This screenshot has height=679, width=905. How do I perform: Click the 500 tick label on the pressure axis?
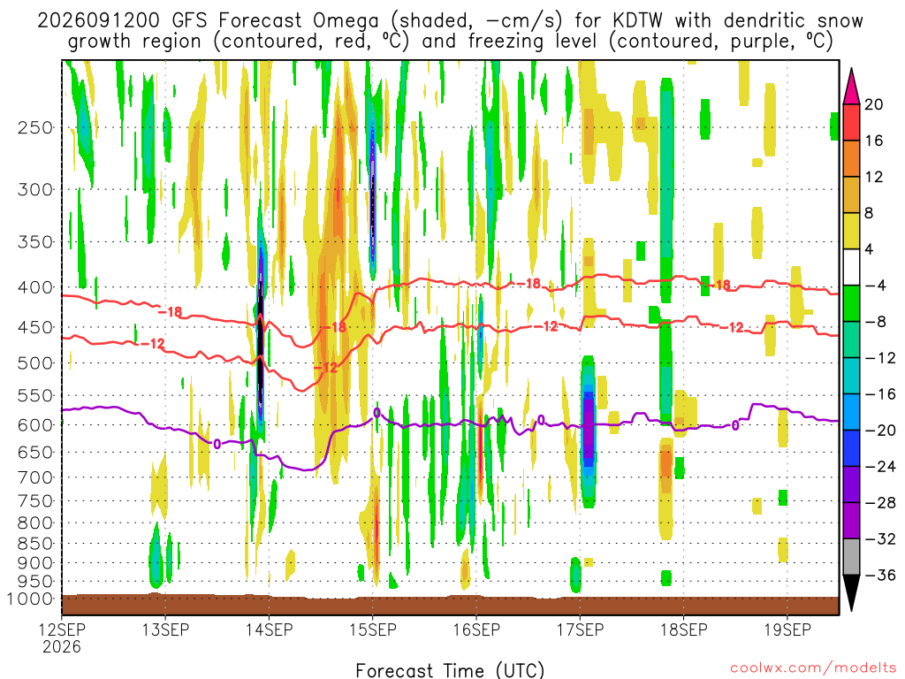point(35,363)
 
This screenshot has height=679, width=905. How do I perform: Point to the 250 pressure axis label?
point(35,127)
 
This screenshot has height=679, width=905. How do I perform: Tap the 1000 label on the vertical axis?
point(30,599)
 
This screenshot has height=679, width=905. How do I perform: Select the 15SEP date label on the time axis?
point(373,629)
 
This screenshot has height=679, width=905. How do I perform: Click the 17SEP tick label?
point(580,629)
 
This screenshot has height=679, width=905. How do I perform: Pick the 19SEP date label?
point(787,629)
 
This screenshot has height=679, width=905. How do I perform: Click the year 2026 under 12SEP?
point(62,646)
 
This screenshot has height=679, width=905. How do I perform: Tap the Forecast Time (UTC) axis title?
point(450,670)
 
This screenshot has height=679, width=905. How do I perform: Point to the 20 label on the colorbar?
point(873,104)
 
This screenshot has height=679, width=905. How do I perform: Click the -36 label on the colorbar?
point(880,575)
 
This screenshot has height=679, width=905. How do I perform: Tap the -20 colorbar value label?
point(880,431)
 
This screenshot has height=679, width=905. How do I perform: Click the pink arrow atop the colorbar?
point(851,86)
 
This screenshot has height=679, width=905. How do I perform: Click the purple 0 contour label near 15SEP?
point(376,412)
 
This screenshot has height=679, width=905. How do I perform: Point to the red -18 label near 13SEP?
point(171,312)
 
